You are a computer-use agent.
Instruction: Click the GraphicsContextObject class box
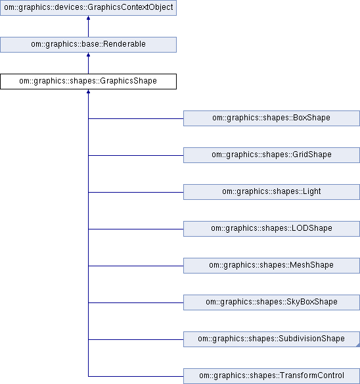[88, 8]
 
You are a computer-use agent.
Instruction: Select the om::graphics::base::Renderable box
[88, 45]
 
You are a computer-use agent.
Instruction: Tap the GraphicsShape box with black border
[88, 82]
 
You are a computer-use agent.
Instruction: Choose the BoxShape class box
[272, 118]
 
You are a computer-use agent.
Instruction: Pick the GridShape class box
[272, 155]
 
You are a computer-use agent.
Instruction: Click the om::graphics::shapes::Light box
[272, 192]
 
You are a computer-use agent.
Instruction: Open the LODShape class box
[272, 229]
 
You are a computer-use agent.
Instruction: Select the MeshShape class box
[272, 266]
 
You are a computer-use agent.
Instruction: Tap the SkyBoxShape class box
[272, 302]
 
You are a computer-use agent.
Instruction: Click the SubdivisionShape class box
[272, 339]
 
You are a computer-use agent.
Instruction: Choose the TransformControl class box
[272, 376]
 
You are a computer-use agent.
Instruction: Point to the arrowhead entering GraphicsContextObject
[88, 18]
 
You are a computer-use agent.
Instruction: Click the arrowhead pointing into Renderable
[88, 55]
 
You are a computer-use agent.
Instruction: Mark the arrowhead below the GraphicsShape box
[88, 91]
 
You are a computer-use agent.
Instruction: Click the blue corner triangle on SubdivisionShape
[358, 345]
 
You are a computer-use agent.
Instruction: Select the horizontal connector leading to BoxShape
[136, 118]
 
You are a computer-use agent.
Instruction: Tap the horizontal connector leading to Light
[136, 192]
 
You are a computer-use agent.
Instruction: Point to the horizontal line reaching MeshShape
[136, 266]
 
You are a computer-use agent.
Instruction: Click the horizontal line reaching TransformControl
[136, 376]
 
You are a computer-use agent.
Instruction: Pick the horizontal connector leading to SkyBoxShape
[136, 302]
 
